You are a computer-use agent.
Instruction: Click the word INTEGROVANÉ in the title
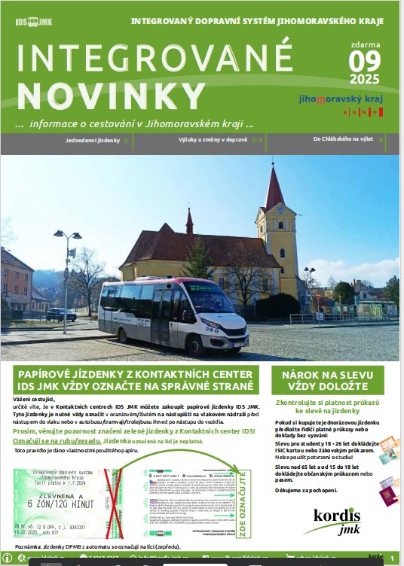(154, 59)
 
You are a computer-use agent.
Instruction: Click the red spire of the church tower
(274, 187)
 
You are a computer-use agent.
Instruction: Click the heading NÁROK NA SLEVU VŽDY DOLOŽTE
(328, 380)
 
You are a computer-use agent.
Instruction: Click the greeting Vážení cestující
(36, 399)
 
